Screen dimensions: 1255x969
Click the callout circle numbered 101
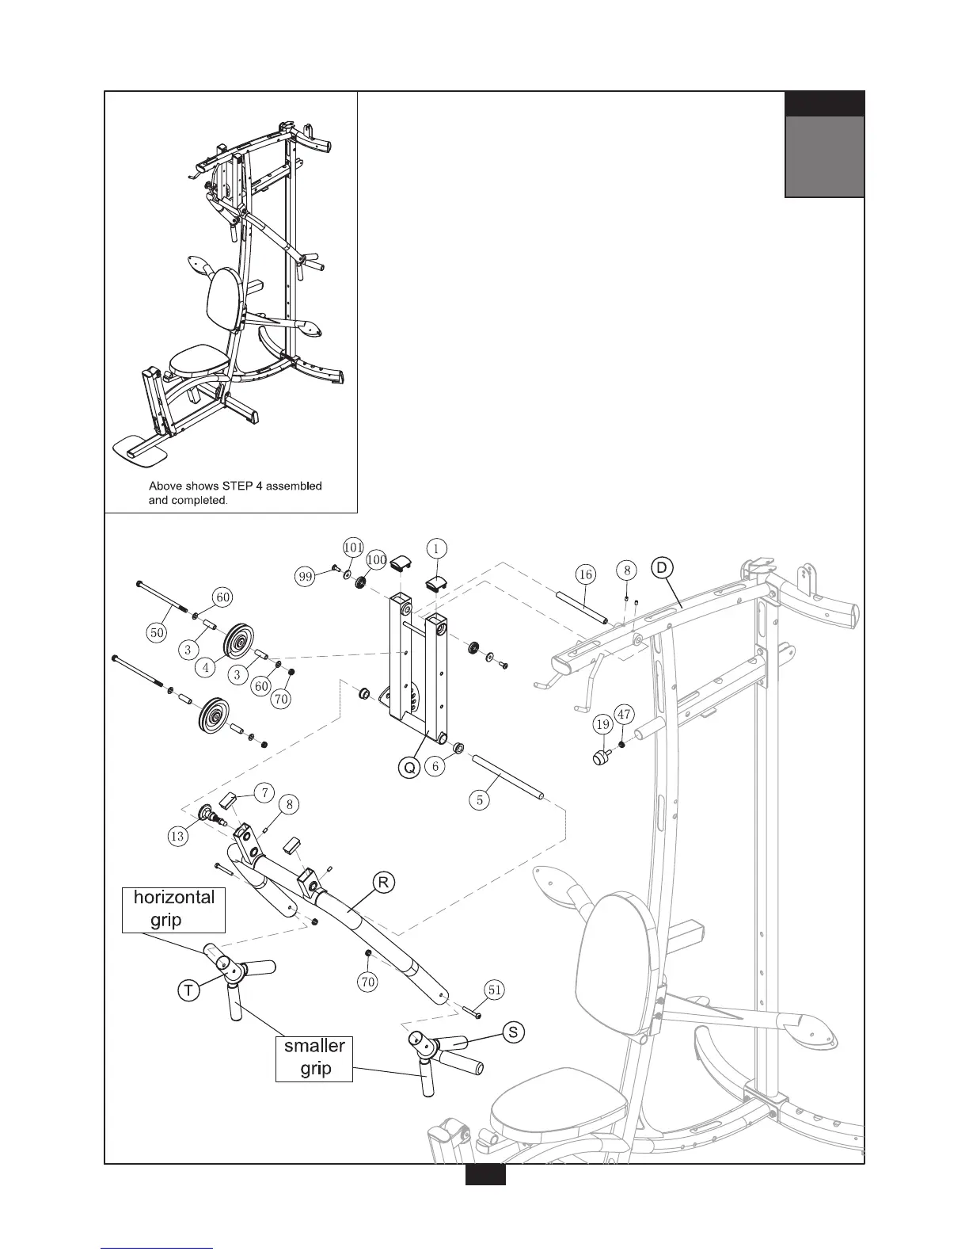(x=352, y=547)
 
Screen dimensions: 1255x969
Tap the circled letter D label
(x=662, y=567)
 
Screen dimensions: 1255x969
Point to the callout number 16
(x=585, y=574)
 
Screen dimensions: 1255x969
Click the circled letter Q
(x=408, y=768)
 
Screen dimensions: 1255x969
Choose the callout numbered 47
(x=624, y=715)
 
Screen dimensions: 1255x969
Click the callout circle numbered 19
(x=602, y=723)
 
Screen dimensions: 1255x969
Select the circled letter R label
(x=383, y=883)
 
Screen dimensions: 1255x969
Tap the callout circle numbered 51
(x=494, y=989)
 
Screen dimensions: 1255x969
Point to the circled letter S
(x=514, y=1032)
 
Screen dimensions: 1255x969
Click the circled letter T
(x=188, y=990)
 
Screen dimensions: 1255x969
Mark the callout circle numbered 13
(x=178, y=836)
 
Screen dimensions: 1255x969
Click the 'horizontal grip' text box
(x=174, y=909)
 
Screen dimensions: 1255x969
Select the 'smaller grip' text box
(x=314, y=1058)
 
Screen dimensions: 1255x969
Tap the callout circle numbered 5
(x=480, y=799)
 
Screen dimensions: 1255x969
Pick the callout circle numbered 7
(x=265, y=792)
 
